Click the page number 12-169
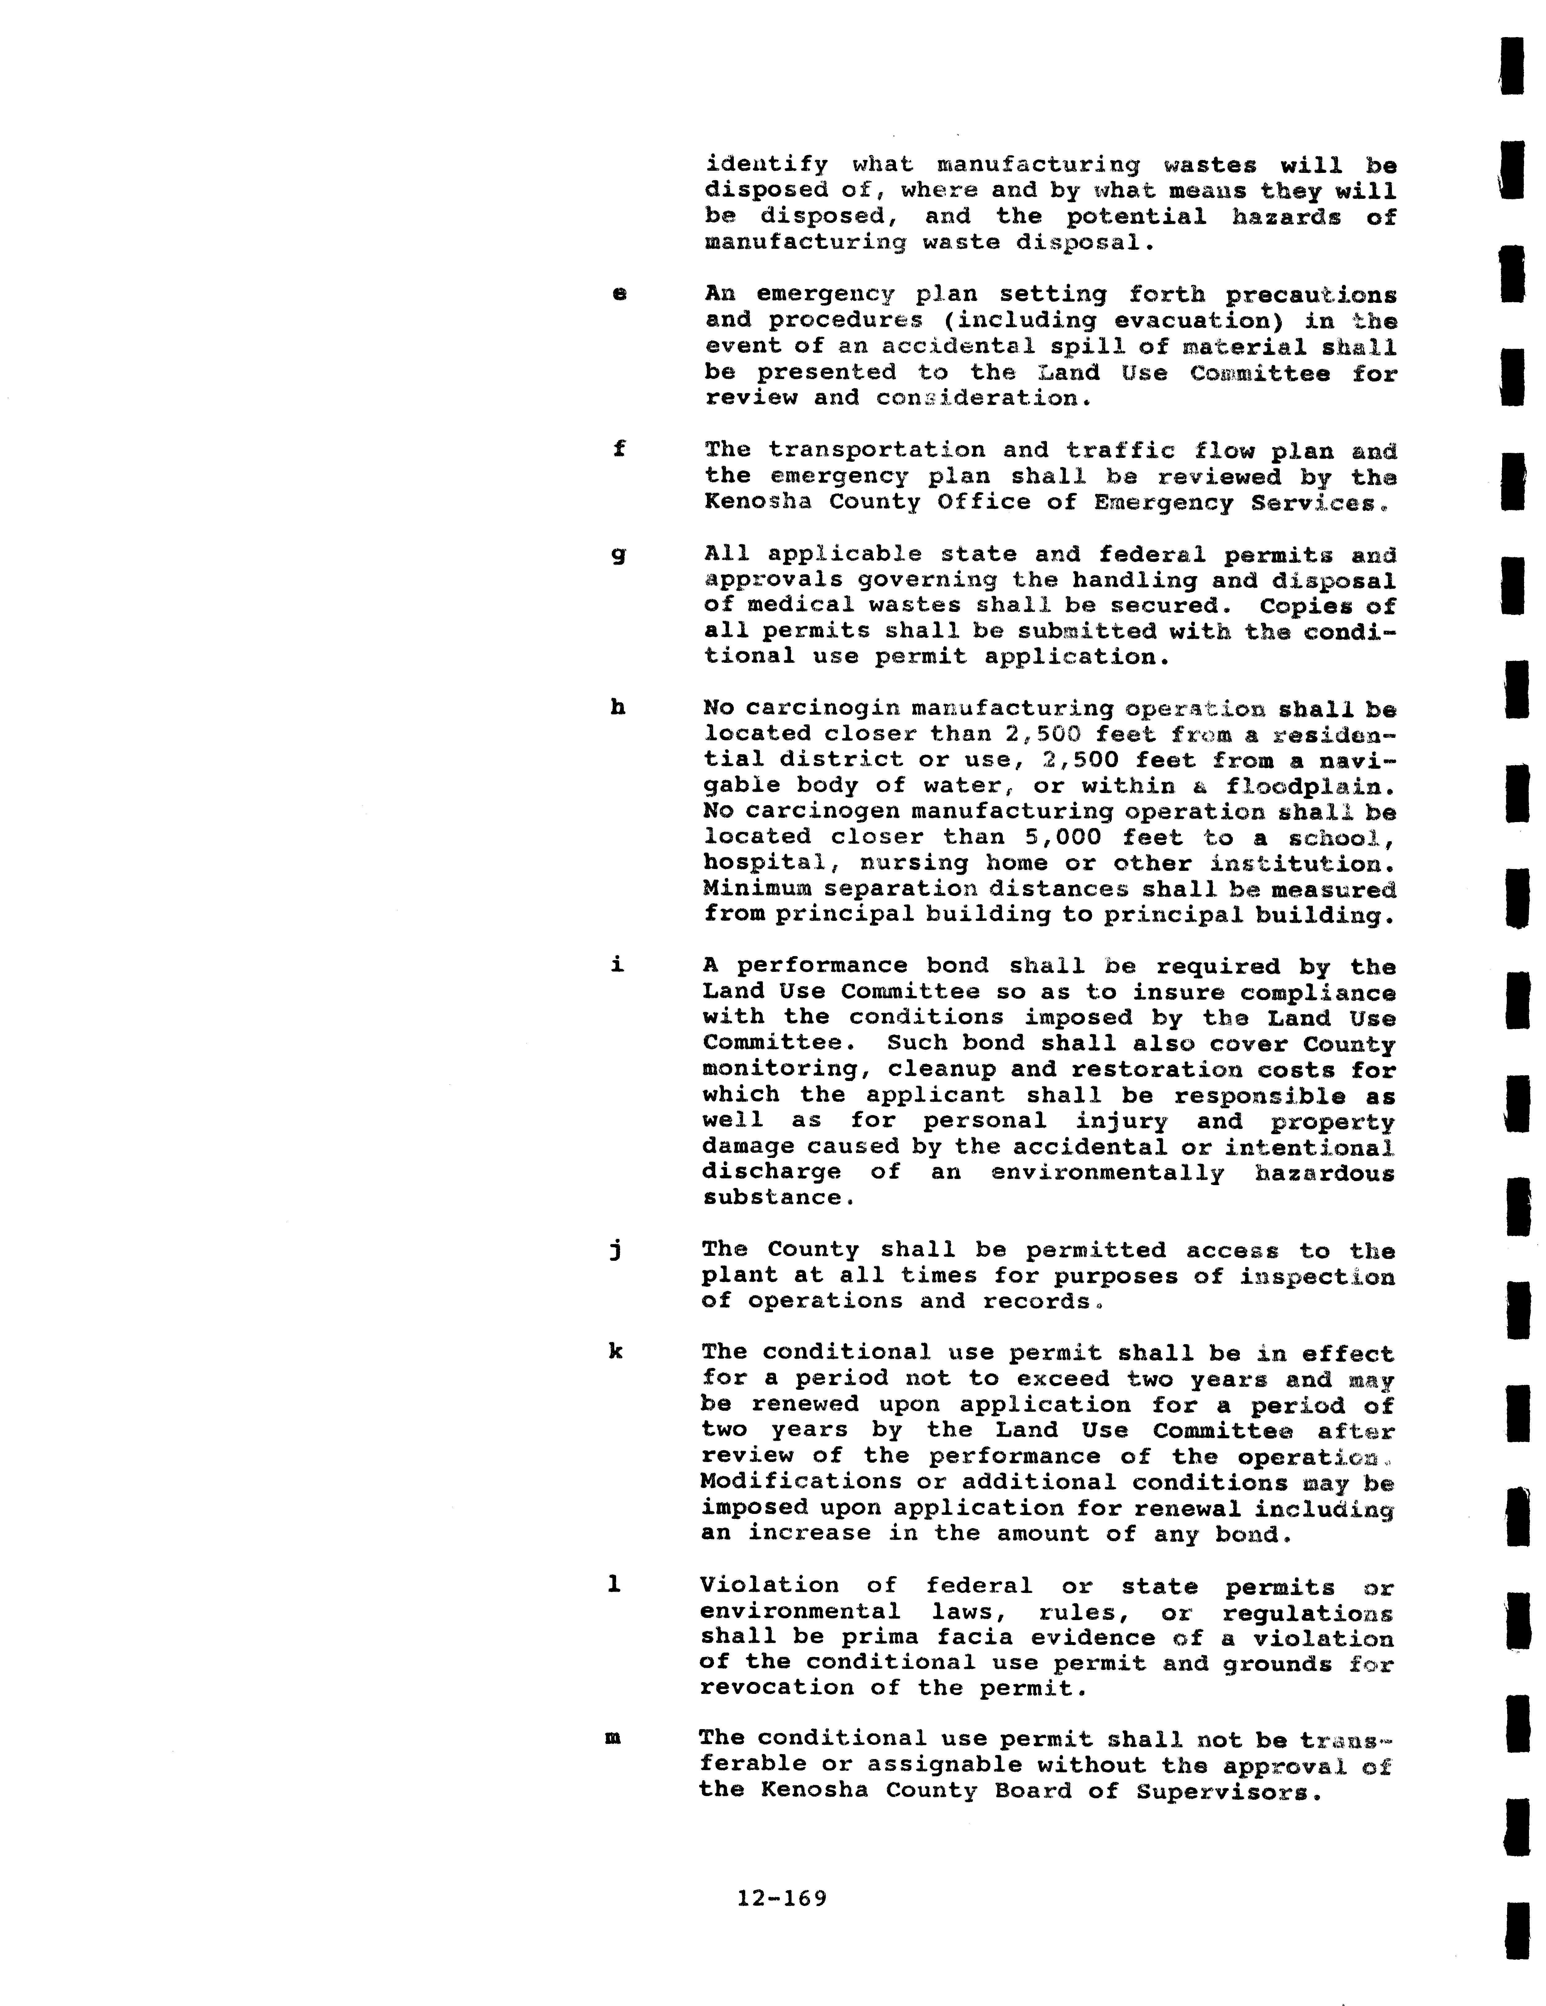[782, 1898]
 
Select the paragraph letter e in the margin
[619, 294]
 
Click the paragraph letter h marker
[617, 707]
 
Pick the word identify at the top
[766, 165]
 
